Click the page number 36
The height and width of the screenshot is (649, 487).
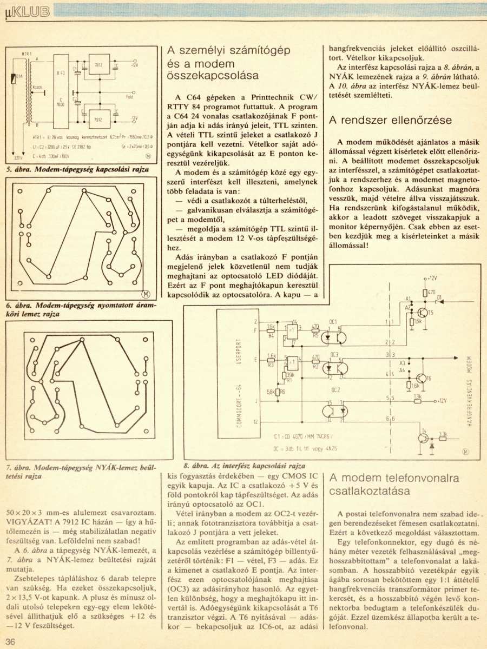[x=11, y=641]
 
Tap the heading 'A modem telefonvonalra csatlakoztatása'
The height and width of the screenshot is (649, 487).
[x=394, y=484]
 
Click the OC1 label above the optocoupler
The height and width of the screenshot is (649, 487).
[x=333, y=321]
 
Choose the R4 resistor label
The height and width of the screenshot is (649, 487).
[x=271, y=335]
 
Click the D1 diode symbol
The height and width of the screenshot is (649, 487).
[x=439, y=300]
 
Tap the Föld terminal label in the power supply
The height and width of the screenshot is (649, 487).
[x=129, y=97]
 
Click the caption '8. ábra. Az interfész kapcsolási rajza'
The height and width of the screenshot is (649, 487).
[x=245, y=465]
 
